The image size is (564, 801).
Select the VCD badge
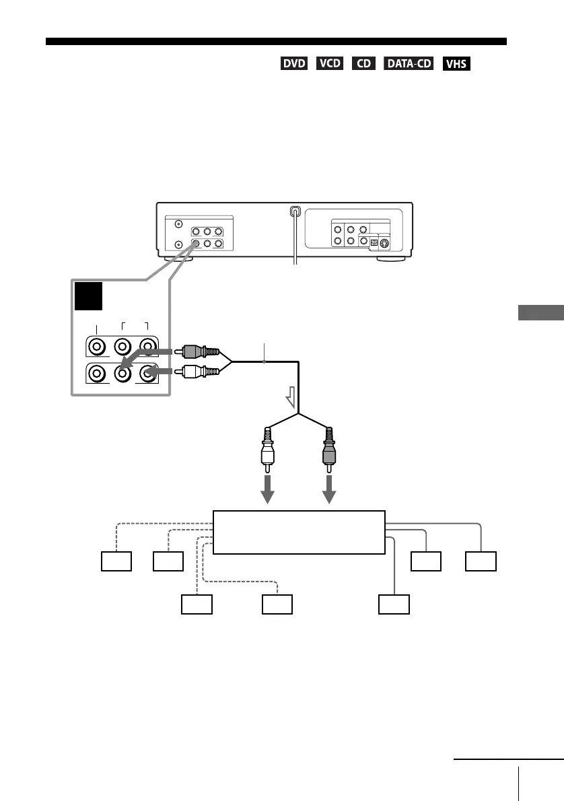328,64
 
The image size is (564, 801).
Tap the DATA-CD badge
409,64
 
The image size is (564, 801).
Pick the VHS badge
456,64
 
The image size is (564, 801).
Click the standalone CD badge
363,64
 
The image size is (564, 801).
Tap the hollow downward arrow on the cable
291,401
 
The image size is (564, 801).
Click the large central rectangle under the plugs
299,532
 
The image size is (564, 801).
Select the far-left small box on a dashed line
116,562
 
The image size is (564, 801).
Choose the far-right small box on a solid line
481,562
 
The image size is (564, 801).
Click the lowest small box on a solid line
393,604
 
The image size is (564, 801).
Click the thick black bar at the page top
276,42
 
